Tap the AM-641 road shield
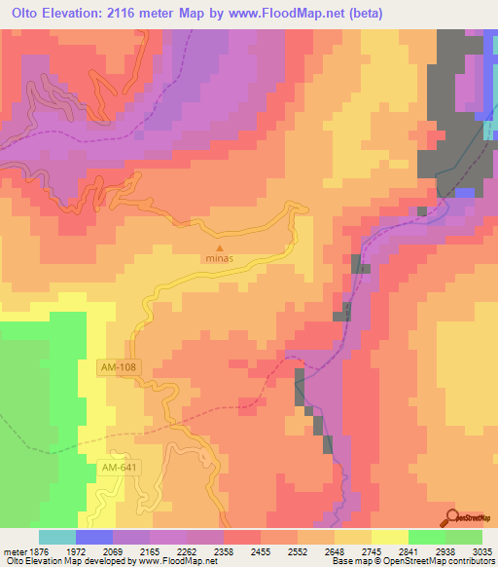click(119, 470)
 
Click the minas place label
click(218, 259)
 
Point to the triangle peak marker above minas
click(218, 248)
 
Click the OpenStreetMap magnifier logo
click(453, 517)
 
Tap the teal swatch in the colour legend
click(57, 537)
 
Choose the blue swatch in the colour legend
click(94, 537)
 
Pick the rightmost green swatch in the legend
click(464, 537)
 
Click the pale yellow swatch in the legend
click(390, 537)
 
